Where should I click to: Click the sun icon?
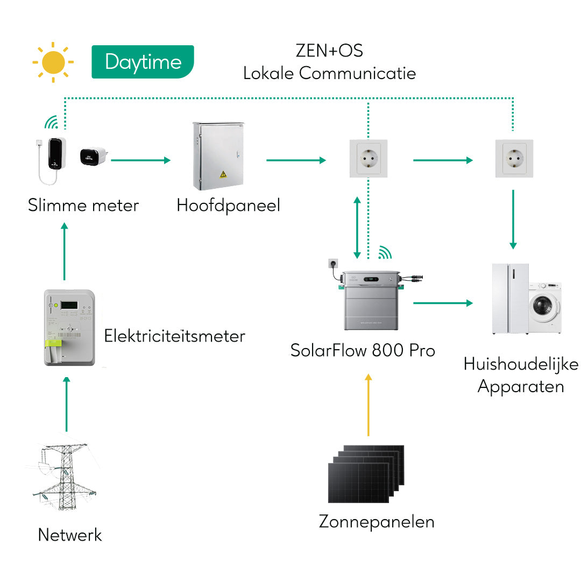click(53, 62)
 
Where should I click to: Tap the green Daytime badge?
click(143, 62)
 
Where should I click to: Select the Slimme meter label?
click(83, 206)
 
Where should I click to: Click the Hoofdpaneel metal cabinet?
click(218, 156)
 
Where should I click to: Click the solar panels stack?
click(366, 473)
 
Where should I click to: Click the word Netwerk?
click(70, 535)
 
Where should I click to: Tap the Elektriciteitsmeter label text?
click(174, 336)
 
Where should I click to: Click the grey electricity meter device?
click(69, 328)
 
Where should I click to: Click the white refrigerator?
click(510, 299)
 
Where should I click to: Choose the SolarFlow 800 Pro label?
click(363, 350)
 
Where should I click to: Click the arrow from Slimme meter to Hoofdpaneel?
click(140, 160)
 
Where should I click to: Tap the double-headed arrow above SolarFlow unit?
click(356, 227)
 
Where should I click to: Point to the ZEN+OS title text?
click(329, 51)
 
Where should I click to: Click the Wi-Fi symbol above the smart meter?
click(51, 123)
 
